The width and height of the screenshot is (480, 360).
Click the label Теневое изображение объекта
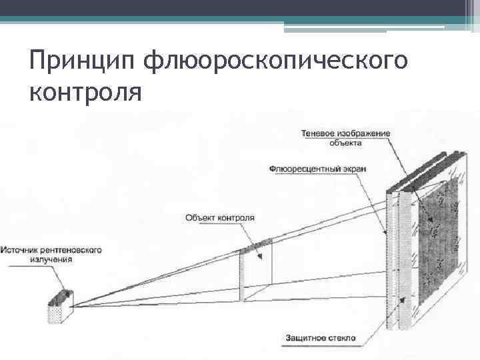345,138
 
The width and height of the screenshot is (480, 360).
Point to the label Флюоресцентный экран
319,169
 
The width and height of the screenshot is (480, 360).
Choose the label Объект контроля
219,217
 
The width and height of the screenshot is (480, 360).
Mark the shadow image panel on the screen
437,240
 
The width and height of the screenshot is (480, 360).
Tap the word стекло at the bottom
342,338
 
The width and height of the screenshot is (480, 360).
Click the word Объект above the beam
199,217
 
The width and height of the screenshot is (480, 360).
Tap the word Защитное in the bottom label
305,338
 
